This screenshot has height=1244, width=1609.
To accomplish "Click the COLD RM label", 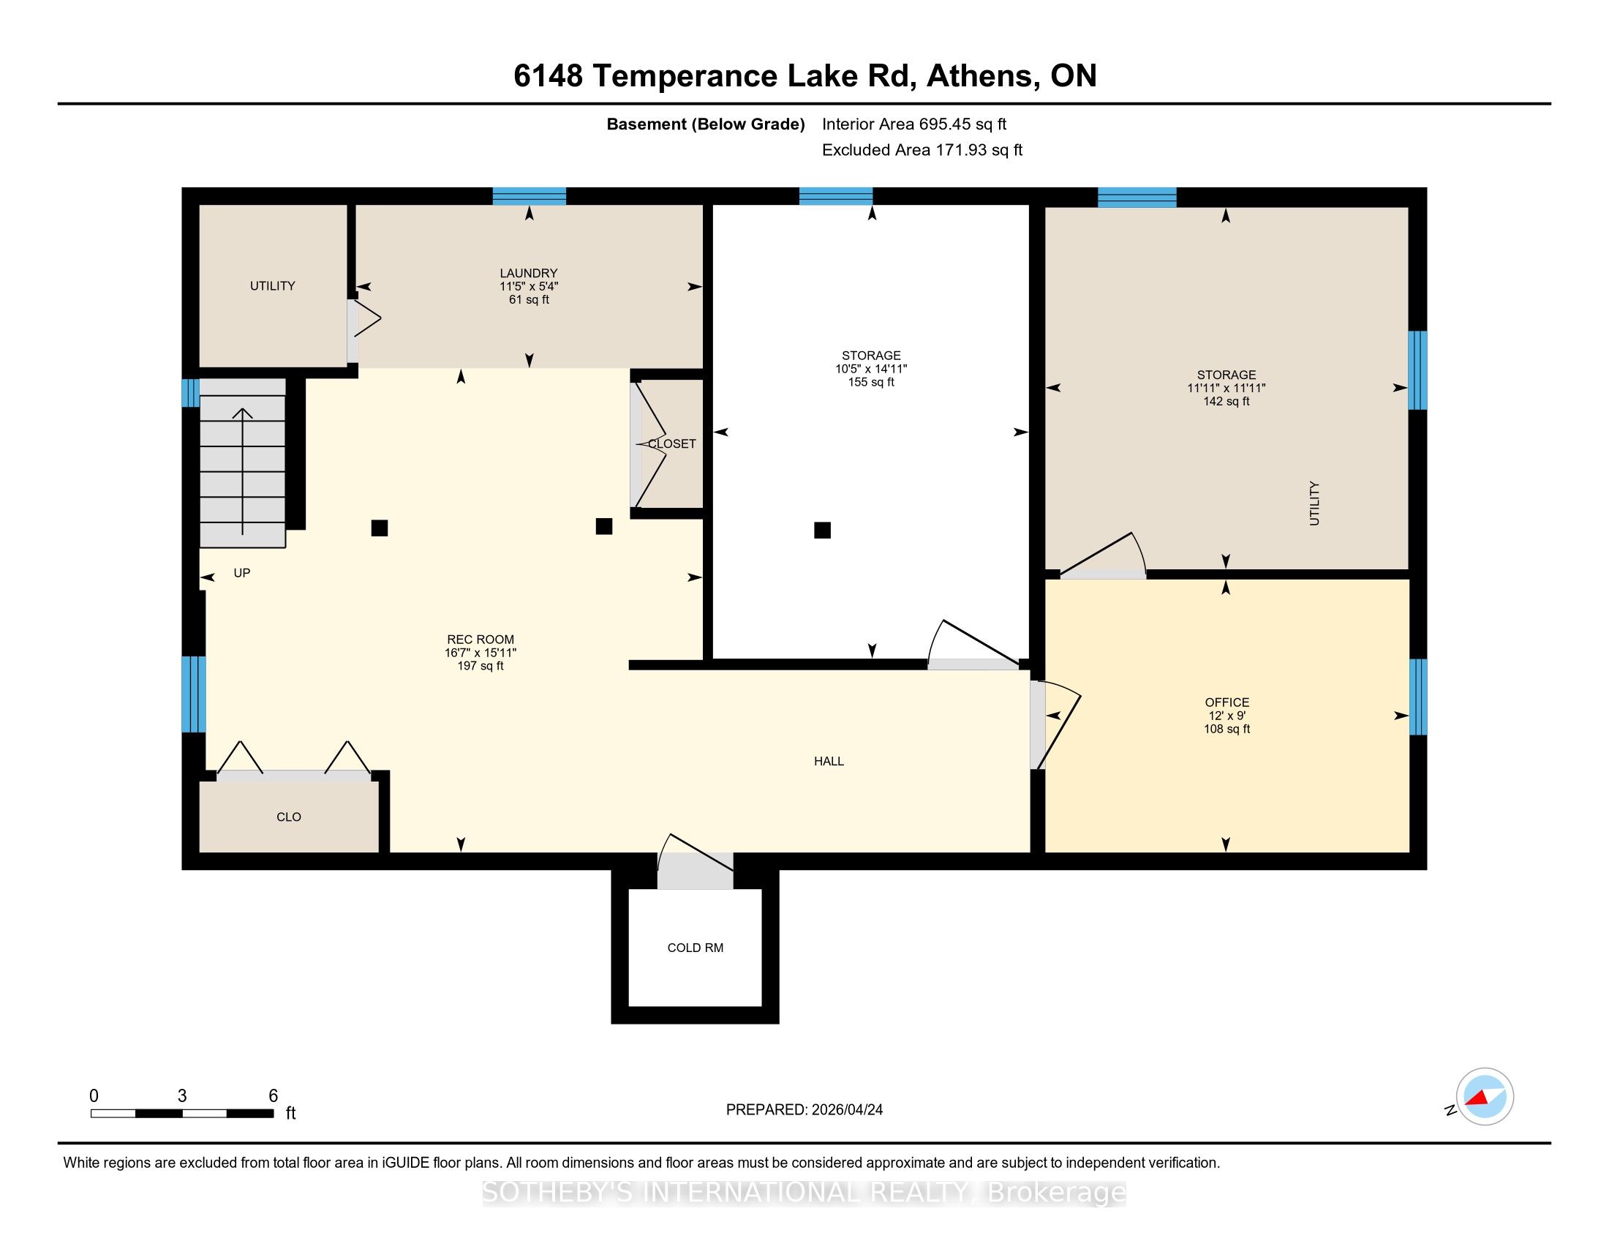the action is click(x=695, y=948).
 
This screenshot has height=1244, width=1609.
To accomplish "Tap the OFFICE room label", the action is click(x=1226, y=702).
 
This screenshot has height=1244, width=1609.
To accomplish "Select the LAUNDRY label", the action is click(x=528, y=273).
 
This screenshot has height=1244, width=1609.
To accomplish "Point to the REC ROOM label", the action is click(x=481, y=640).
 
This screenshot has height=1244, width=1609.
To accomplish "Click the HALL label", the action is click(x=829, y=761).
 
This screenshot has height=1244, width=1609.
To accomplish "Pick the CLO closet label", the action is click(x=289, y=817).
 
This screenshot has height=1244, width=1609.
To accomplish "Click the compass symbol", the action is click(x=1485, y=1096).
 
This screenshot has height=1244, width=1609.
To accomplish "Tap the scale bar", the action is click(x=182, y=1113).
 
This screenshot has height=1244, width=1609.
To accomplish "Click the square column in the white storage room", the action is click(x=822, y=530).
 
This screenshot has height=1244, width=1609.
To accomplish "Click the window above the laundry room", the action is click(x=529, y=196).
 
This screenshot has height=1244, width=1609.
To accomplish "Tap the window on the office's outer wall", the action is click(x=1418, y=697).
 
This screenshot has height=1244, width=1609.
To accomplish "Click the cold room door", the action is click(x=695, y=861).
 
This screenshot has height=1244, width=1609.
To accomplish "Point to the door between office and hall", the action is click(x=1055, y=725).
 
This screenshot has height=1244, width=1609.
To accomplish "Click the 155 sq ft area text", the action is click(x=871, y=382).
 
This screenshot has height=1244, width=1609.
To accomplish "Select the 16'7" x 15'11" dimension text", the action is click(x=481, y=653).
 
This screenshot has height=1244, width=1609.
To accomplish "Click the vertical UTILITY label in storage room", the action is click(x=1314, y=503).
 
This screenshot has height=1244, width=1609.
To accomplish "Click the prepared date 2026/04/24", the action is click(x=845, y=1109).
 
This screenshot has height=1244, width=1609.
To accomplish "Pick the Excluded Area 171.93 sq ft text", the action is click(x=922, y=150).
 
